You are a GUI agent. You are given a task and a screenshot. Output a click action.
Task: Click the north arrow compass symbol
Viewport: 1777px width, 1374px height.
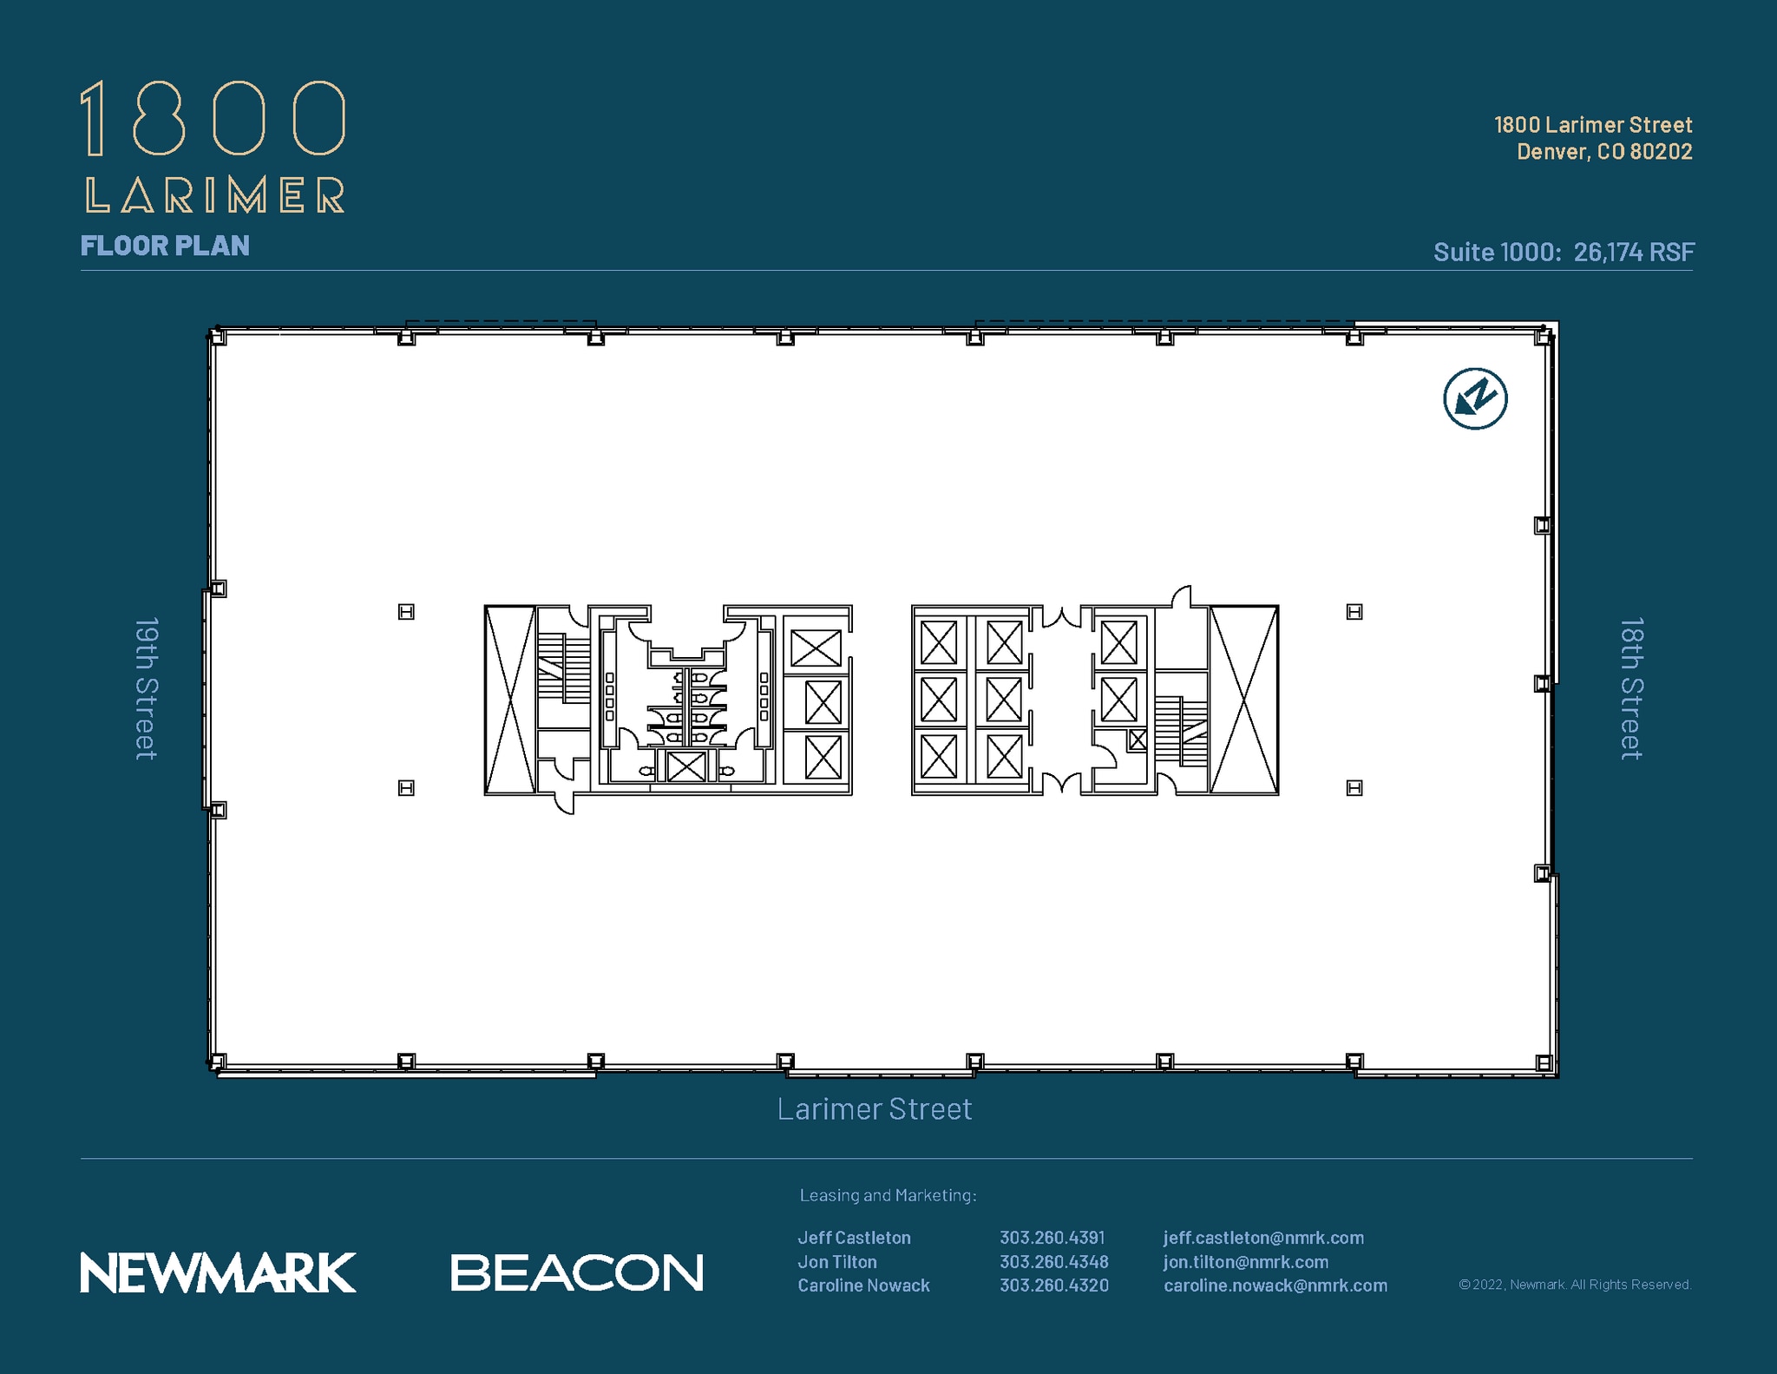[x=1475, y=399]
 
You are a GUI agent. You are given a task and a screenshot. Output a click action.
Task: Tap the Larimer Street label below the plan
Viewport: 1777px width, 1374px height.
[x=874, y=1109]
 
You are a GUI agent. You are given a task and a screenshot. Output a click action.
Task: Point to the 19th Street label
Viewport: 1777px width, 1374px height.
[x=146, y=689]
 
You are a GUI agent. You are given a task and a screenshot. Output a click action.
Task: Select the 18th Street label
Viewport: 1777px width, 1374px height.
[x=1631, y=689]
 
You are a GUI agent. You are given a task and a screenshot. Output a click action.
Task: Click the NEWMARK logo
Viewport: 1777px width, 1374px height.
[x=218, y=1272]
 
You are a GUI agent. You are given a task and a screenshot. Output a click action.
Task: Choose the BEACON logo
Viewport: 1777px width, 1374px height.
[x=577, y=1272]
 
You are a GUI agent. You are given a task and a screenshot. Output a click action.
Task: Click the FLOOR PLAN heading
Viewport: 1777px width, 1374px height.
[x=165, y=246]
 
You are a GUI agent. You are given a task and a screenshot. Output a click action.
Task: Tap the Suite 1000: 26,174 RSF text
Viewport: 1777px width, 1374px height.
[x=1563, y=252]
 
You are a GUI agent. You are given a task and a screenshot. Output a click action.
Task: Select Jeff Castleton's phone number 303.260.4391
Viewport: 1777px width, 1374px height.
[x=1052, y=1238]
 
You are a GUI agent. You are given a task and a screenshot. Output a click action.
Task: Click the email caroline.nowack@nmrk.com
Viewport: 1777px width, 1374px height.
[x=1275, y=1285]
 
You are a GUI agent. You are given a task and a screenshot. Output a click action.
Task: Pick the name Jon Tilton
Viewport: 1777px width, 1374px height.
[x=837, y=1262]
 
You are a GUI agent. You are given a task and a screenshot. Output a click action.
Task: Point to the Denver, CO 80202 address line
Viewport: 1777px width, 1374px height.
[x=1604, y=152]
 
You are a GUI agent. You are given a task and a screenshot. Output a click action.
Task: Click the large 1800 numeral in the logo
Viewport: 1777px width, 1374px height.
[x=213, y=119]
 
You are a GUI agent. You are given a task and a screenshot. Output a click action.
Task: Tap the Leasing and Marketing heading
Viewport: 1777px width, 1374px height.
[x=888, y=1195]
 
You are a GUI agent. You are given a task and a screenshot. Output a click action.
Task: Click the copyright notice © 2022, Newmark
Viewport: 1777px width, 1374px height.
[x=1575, y=1285]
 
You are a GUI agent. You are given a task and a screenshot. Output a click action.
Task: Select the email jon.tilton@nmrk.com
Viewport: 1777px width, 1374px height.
[x=1245, y=1262]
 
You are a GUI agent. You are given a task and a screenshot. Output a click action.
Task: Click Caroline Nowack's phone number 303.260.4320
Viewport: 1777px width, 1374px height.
[x=1053, y=1285]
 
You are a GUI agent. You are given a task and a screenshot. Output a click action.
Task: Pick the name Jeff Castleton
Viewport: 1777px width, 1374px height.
[x=854, y=1238]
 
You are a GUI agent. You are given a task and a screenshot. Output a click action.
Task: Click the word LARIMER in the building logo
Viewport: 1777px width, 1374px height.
[x=215, y=195]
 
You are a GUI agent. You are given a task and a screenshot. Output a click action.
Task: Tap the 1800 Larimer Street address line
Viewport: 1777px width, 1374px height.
[x=1593, y=125]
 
